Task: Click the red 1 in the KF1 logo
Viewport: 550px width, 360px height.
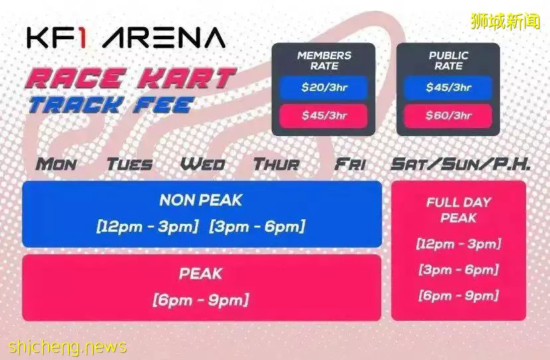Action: (x=82, y=38)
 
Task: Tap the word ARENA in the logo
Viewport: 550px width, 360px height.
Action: (x=164, y=38)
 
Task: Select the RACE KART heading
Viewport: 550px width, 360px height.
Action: (x=130, y=78)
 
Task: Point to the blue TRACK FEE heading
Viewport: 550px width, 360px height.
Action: (x=111, y=105)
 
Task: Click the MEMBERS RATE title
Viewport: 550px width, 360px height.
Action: (x=324, y=60)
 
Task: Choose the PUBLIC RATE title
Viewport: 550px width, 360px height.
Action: (x=448, y=60)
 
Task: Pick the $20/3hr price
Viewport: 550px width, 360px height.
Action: (x=324, y=87)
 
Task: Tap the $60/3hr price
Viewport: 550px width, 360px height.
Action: (x=448, y=115)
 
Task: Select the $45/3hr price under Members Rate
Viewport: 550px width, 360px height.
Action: (x=324, y=115)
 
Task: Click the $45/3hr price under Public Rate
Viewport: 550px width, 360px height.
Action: (x=448, y=87)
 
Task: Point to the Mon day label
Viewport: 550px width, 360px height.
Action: (x=56, y=164)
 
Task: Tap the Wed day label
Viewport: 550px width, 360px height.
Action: (x=203, y=164)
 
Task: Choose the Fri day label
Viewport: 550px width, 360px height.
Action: (x=349, y=164)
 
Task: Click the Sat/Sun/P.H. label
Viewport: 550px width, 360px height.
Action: (x=460, y=164)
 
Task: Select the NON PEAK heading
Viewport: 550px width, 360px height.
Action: (x=201, y=201)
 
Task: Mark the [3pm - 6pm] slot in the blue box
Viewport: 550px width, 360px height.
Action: (x=257, y=226)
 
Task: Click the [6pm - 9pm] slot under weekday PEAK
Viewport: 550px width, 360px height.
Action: (x=201, y=300)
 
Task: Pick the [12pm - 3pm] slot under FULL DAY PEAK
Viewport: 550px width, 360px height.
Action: (x=458, y=244)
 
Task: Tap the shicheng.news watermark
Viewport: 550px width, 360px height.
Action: (x=67, y=347)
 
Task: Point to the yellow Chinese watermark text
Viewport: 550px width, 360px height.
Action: (x=505, y=21)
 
